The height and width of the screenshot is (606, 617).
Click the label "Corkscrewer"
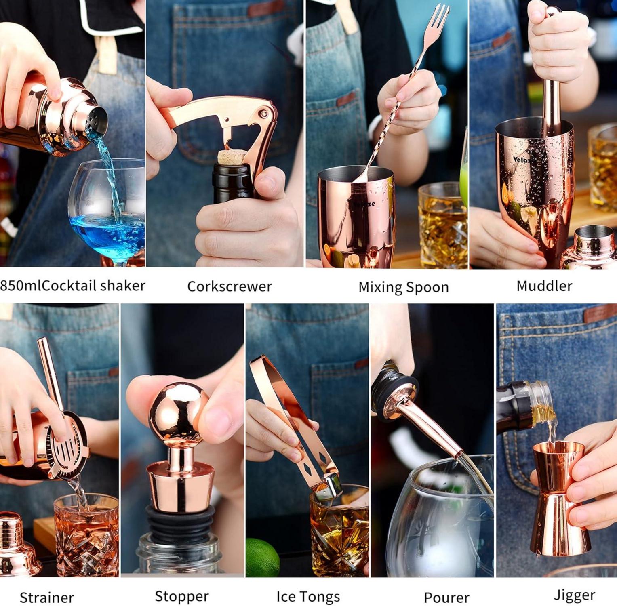[x=229, y=286]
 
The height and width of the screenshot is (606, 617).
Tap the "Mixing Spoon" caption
[x=403, y=287]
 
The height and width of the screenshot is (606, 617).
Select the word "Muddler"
[x=544, y=286]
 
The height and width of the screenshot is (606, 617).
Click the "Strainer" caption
[x=46, y=598]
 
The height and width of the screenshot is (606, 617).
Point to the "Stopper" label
[x=181, y=596]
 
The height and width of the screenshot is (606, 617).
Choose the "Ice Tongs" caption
[x=308, y=597]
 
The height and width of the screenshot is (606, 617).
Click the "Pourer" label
[x=446, y=598]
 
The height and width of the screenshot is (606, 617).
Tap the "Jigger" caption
[x=574, y=595]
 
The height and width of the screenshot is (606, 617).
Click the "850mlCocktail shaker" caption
[x=73, y=286]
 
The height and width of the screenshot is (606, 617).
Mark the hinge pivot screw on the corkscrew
[x=264, y=114]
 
